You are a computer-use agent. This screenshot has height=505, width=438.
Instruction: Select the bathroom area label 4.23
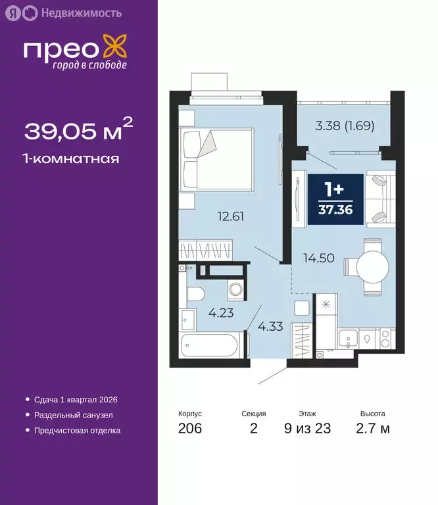[221, 314]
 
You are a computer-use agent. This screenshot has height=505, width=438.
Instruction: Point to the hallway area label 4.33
[270, 325]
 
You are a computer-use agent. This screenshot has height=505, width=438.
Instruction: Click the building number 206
[189, 429]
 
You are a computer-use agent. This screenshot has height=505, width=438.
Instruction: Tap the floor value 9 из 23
[307, 429]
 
